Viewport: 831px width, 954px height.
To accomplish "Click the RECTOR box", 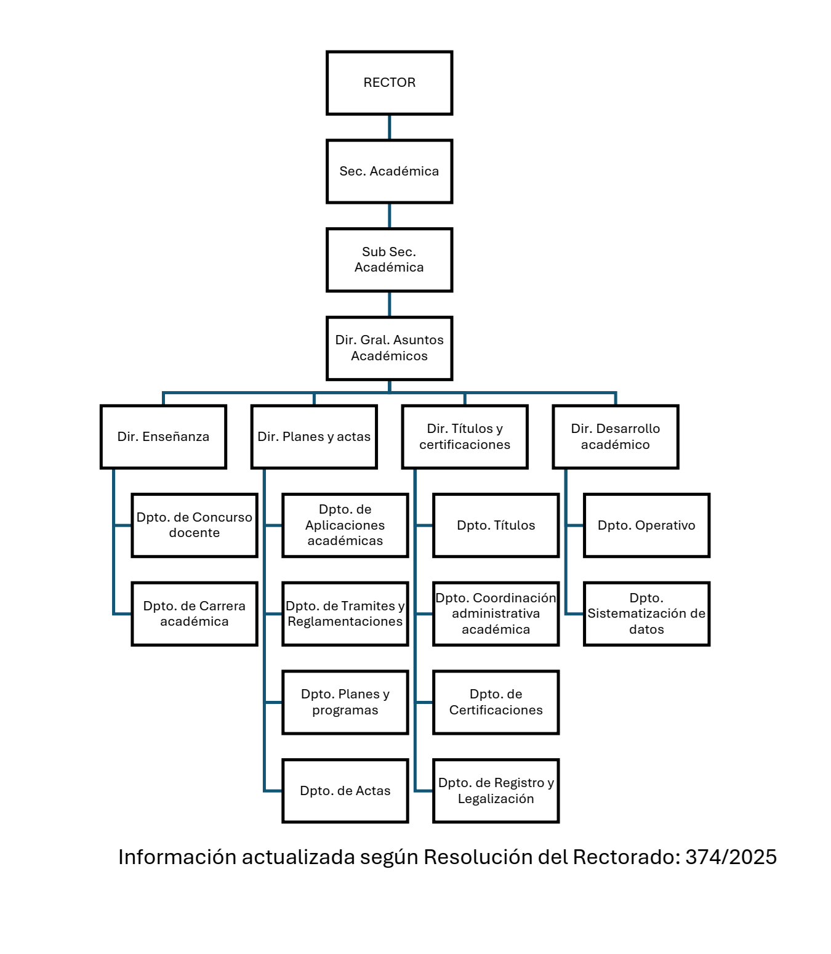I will tap(389, 83).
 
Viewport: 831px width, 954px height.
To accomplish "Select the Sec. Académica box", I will tap(389, 171).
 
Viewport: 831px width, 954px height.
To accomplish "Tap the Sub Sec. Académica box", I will tap(389, 260).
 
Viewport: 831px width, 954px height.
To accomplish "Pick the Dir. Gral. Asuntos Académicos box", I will tap(389, 348).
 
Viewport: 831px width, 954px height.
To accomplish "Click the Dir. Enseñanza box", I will tap(163, 437).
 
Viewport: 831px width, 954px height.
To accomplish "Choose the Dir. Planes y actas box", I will tap(314, 437).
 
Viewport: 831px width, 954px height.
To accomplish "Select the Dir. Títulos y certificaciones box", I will tap(465, 437).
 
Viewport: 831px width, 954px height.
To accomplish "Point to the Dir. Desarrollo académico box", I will tap(616, 437).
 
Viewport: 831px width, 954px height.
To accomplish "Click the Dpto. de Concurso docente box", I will tap(195, 525).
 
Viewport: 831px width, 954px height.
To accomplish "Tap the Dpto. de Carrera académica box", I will tap(195, 614).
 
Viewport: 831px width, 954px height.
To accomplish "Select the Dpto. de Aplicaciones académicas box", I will tap(345, 525).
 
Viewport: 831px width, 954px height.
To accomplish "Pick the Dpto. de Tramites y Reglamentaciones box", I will tap(345, 614).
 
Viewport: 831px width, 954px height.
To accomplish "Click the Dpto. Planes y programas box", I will tap(345, 702).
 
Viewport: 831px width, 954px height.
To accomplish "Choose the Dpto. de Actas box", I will tap(345, 791).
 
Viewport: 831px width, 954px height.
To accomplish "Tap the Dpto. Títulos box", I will tap(496, 525).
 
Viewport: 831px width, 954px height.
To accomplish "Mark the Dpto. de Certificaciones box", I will tap(496, 702).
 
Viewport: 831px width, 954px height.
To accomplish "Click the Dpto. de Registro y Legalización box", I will tap(496, 791).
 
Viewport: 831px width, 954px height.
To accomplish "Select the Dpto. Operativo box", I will tap(646, 525).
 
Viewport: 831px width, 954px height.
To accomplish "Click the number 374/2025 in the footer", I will tap(731, 857).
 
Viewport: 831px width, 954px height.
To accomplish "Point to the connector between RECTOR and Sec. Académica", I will tap(389, 127).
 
